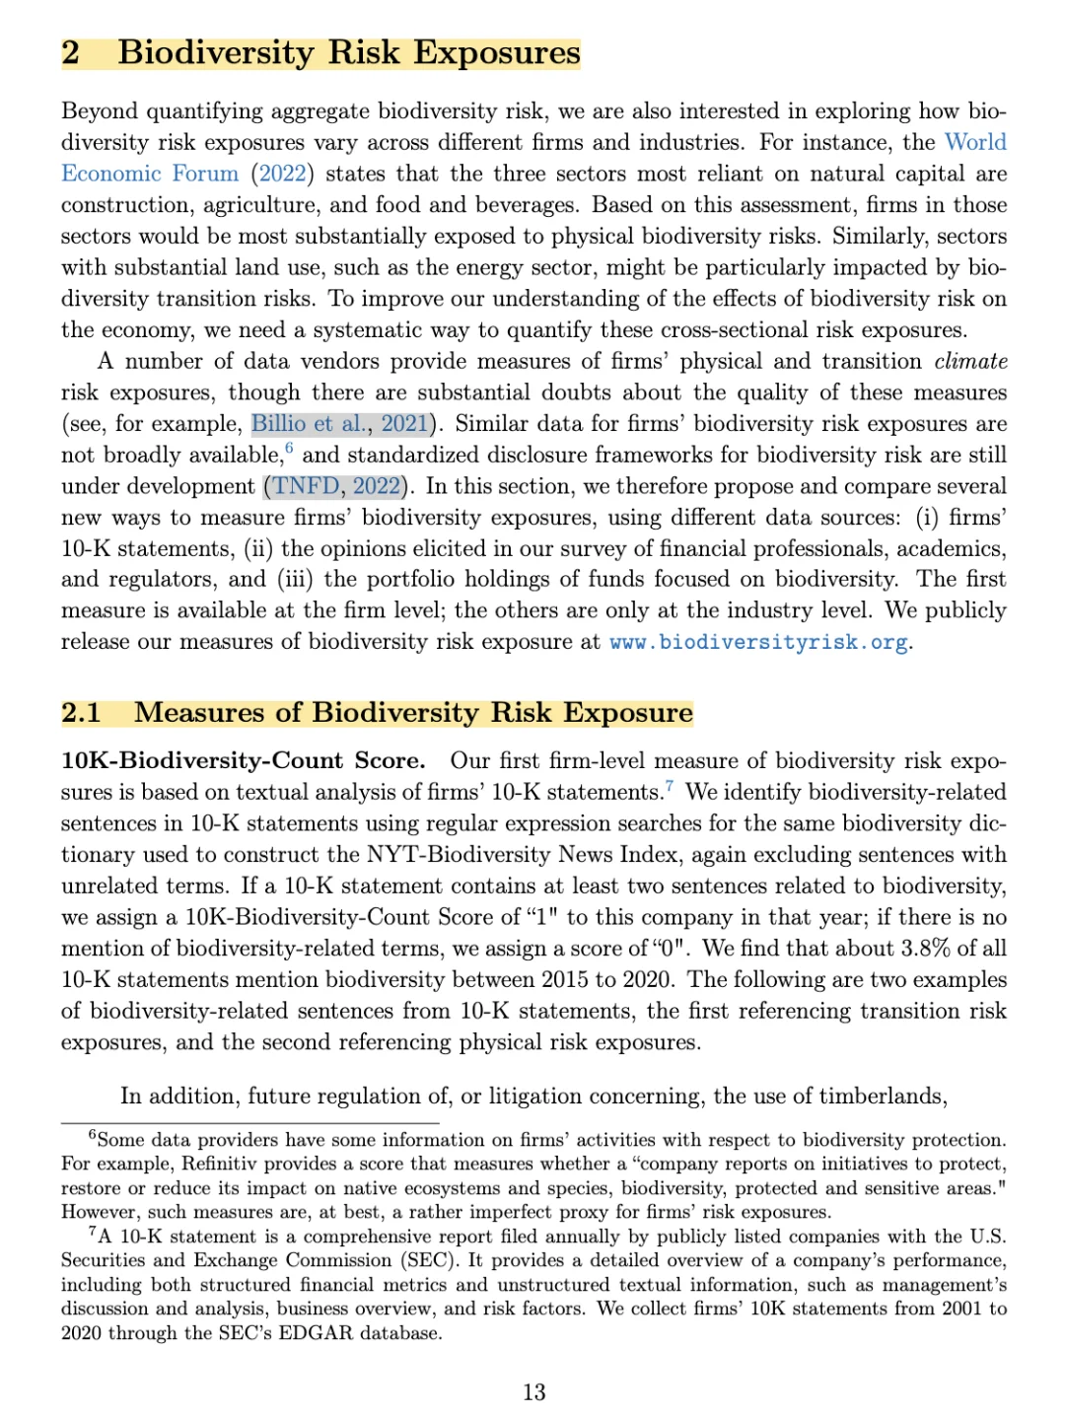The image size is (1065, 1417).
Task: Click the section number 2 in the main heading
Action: pos(71,52)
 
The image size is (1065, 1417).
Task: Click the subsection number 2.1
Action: pos(81,712)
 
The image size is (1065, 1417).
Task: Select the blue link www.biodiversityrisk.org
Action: pos(758,642)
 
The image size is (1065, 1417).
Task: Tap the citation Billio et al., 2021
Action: pos(339,424)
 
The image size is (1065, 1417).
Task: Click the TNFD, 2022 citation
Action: pos(336,486)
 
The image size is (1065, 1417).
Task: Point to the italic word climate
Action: pos(970,361)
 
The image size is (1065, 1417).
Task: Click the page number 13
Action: pos(533,1391)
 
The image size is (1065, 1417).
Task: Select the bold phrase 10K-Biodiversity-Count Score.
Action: pos(243,760)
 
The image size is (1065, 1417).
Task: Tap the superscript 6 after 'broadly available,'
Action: pos(289,449)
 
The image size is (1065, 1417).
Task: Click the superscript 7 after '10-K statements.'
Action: pos(670,786)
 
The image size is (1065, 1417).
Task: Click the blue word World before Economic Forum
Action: pos(975,142)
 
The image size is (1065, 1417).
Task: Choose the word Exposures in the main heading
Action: pos(496,52)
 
